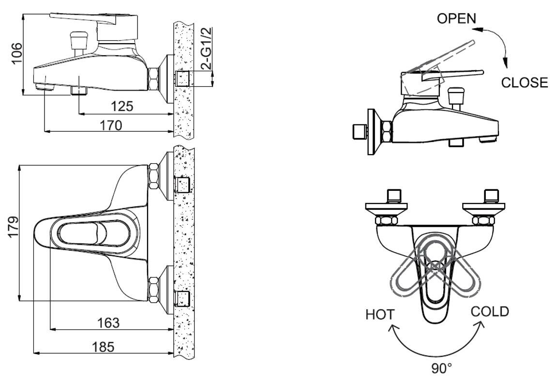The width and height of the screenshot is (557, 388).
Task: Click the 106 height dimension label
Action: tap(16, 53)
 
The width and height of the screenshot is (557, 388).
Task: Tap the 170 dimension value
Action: tap(111, 125)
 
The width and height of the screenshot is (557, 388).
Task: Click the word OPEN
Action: tap(456, 18)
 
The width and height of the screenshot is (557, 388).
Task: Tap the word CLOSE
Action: tap(525, 82)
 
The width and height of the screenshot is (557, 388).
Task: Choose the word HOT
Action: tap(380, 314)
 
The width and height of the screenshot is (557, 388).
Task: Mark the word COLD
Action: tap(490, 311)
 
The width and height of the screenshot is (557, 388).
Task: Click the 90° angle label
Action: tap(441, 369)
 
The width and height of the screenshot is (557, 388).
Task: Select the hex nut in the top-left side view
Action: tap(154, 79)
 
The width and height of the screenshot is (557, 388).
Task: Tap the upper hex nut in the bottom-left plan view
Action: tap(153, 176)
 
